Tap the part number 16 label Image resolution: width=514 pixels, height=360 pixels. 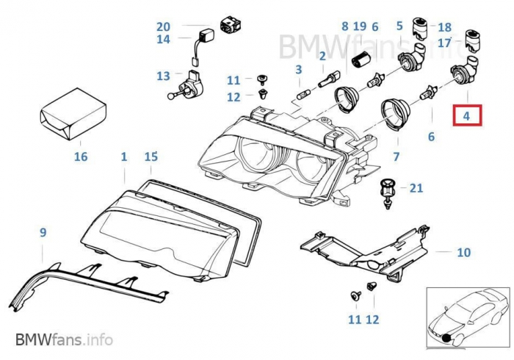point(81,156)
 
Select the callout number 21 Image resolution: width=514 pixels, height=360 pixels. point(416,188)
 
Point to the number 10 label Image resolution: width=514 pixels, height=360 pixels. point(463,253)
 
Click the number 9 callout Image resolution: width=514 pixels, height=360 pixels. point(43,233)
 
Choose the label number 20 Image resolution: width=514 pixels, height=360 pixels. point(163,26)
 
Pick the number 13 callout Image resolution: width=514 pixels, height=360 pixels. point(163,76)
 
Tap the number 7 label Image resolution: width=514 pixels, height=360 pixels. point(396,156)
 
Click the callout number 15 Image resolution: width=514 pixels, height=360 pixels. point(151,156)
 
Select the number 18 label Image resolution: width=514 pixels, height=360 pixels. point(445,26)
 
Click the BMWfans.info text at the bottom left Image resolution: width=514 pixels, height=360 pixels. point(64,340)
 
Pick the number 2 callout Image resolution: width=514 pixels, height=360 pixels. point(322,56)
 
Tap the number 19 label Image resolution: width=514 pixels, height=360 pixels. point(359,26)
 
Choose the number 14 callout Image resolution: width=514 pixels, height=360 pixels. point(163,40)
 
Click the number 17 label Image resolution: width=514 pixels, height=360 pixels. point(444,43)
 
